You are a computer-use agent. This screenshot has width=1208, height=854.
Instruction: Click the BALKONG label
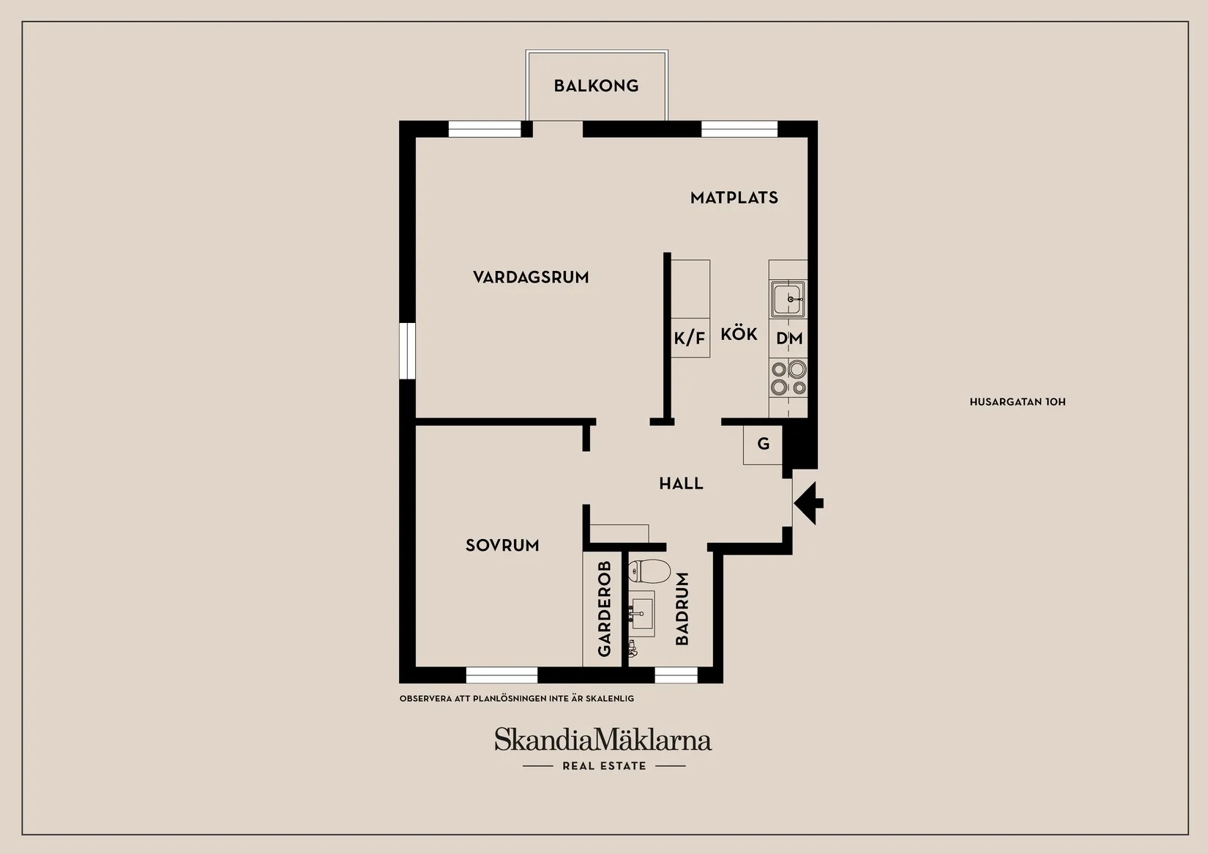pos(596,86)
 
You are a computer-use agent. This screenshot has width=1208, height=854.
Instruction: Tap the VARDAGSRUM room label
pos(531,278)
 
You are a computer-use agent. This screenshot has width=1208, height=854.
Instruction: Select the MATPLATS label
pos(734,198)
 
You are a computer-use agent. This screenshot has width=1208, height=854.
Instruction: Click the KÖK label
pos(739,334)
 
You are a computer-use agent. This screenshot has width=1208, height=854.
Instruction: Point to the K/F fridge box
pos(690,338)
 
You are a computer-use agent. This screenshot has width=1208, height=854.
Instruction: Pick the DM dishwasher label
pos(789,338)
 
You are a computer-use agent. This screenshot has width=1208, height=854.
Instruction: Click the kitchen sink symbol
pos(788,299)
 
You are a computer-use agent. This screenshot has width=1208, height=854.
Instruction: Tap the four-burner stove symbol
pos(788,378)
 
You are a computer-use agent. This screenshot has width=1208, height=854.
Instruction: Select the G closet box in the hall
pos(763,444)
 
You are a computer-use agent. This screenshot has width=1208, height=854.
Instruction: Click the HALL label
pos(681,483)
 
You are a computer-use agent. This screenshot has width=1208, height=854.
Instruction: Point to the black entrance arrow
pos(808,503)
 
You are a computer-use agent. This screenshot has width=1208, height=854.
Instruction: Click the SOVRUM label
pos(502,546)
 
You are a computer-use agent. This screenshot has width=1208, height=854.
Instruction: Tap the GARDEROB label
pos(604,609)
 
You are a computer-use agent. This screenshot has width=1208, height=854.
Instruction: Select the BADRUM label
pos(682,609)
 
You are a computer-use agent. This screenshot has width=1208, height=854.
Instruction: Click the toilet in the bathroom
pos(649,571)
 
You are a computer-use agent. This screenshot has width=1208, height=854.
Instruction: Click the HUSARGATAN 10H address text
pos(1017,402)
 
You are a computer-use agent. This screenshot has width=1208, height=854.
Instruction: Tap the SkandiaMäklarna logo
pos(603,740)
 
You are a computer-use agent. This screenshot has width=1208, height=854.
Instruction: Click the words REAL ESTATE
pos(604,766)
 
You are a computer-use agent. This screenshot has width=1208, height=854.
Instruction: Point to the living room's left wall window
pos(407,351)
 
